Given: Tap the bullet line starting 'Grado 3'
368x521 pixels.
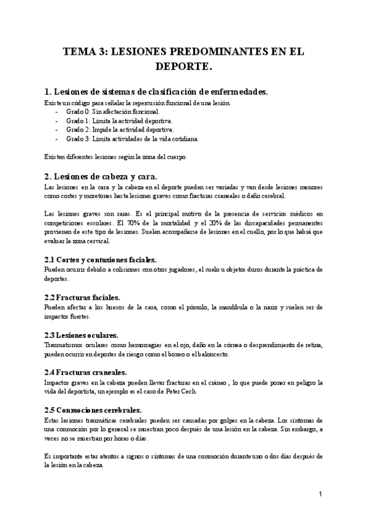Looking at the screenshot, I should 132,138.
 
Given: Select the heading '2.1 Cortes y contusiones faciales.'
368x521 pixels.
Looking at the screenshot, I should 101,260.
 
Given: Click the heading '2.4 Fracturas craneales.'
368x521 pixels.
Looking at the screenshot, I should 86,372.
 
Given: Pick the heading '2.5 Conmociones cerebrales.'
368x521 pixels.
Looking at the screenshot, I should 93,410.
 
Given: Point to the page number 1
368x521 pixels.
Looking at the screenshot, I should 320,493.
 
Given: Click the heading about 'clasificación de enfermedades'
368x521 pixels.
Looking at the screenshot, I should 156,92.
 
